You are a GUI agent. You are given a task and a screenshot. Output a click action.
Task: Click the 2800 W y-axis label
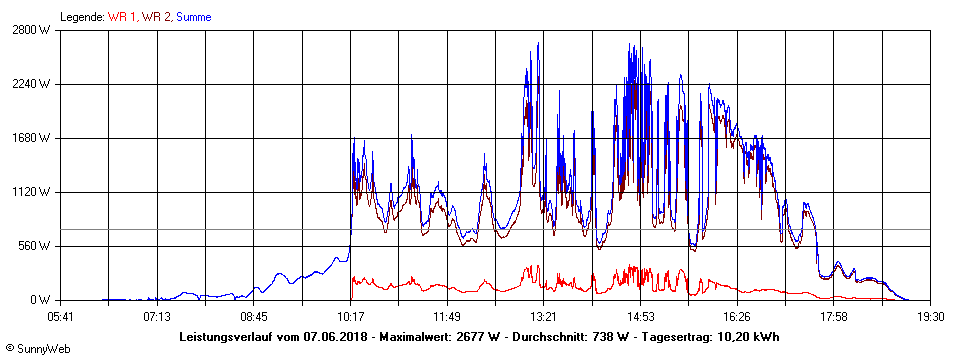(32, 30)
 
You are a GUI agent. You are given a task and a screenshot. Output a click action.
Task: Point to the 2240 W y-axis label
(32, 84)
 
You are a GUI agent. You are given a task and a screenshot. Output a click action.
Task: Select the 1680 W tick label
(32, 138)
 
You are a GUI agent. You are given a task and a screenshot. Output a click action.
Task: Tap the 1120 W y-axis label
(32, 192)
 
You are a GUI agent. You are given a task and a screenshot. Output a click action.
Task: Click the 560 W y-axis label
(35, 246)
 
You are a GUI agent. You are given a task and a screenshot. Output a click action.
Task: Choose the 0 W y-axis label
(41, 300)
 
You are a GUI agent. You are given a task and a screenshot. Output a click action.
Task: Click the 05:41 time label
(61, 317)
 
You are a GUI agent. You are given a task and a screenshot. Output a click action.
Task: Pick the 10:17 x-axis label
(351, 317)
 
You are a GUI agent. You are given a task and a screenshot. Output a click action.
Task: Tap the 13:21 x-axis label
(544, 317)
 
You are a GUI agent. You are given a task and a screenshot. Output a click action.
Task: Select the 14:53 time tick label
(641, 317)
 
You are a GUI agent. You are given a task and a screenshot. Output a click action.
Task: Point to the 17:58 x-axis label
(834, 317)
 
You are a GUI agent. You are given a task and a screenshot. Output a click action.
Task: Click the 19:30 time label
(931, 317)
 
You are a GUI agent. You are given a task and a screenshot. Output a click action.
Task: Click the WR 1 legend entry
(122, 17)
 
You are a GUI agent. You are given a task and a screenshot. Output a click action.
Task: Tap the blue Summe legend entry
(194, 17)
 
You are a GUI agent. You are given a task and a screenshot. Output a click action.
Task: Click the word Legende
(82, 17)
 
